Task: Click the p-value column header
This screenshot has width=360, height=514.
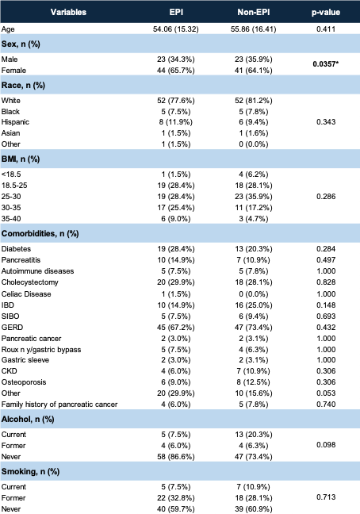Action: [x=326, y=13]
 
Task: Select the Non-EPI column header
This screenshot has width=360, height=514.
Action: [x=254, y=12]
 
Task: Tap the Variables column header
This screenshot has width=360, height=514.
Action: [x=68, y=12]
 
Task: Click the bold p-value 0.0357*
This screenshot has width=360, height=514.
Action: [x=326, y=64]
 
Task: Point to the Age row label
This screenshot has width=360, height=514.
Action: [x=8, y=29]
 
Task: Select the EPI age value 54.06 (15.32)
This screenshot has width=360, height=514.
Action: [x=176, y=29]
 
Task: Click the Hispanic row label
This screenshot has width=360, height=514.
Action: [x=15, y=122]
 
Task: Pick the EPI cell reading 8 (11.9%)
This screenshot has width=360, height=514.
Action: [x=176, y=122]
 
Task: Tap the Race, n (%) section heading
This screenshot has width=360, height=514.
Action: [x=23, y=85]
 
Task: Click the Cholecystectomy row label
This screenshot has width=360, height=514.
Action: [x=30, y=282]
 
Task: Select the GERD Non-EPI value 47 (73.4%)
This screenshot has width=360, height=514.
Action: [x=254, y=327]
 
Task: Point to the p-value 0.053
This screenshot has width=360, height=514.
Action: [x=326, y=393]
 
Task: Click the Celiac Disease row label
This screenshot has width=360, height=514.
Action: [x=26, y=294]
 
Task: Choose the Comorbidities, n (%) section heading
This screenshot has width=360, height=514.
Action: [x=40, y=233]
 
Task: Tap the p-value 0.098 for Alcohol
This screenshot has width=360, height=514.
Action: [x=326, y=445]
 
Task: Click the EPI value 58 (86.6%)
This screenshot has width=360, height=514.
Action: [x=176, y=457]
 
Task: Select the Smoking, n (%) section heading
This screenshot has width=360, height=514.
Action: [x=30, y=472]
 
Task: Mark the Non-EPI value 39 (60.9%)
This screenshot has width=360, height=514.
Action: [x=254, y=509]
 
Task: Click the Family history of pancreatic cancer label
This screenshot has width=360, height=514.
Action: [x=59, y=405]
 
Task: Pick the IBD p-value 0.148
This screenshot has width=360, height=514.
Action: [x=326, y=305]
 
